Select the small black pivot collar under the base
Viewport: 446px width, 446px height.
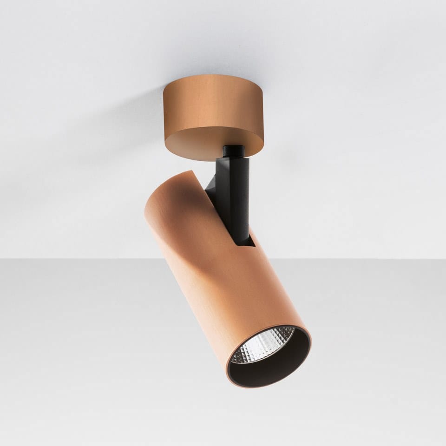tap(233, 151)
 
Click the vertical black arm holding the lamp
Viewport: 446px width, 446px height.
tap(237, 195)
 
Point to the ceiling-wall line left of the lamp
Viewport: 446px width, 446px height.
tap(70, 259)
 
